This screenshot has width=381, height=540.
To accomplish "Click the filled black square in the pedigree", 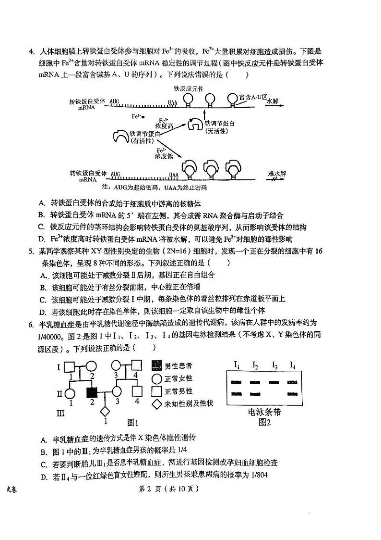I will (92, 393).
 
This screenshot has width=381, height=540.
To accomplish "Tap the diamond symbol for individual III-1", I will (105, 412).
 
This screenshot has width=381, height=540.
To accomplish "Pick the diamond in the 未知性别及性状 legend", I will (156, 404).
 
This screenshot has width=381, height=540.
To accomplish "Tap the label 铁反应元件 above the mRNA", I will (189, 88).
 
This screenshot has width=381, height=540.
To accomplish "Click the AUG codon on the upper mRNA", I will (115, 102).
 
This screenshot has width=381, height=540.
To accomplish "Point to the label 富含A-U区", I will (253, 97).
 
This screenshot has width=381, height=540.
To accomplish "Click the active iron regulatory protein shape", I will (120, 136).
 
